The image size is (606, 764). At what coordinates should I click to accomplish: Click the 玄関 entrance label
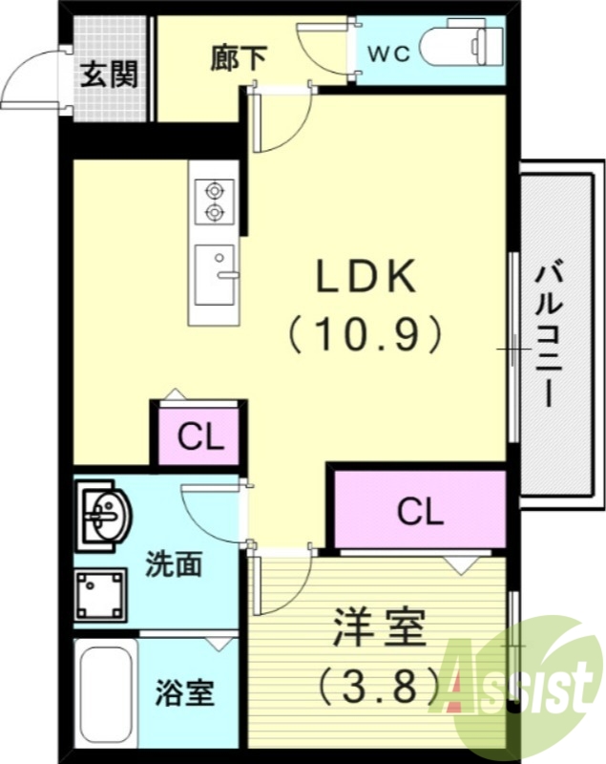(x=108, y=73)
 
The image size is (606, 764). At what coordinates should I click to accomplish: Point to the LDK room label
(x=366, y=278)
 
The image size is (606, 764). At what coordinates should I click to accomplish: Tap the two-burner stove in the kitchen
(x=214, y=200)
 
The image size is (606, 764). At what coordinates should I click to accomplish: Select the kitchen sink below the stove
(x=214, y=273)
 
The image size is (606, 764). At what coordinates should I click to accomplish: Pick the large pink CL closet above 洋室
(x=420, y=513)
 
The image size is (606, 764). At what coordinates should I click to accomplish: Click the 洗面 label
(x=174, y=564)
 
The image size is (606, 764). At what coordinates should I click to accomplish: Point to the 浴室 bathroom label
(x=184, y=693)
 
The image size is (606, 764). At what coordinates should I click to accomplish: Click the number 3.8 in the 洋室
(x=379, y=683)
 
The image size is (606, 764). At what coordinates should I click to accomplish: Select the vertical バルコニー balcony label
(x=547, y=334)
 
